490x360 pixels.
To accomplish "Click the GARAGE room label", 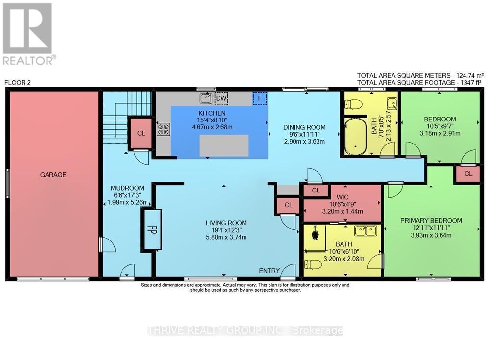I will [x=53, y=174].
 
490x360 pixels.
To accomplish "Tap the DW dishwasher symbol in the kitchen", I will [x=221, y=98].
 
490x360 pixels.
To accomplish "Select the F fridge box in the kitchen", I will [x=260, y=98].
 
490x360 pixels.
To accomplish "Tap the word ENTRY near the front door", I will [x=269, y=271].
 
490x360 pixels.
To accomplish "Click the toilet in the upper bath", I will [x=352, y=104].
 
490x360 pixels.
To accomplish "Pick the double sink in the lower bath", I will [x=365, y=230].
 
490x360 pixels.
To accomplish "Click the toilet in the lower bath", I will [x=314, y=265].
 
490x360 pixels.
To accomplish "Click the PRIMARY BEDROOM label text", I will [x=431, y=220].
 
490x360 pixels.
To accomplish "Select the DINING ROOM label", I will [x=304, y=127].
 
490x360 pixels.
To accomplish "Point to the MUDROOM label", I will [x=127, y=188].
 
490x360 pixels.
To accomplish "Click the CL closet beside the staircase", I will [x=141, y=133].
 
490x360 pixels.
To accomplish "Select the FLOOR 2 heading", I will [x=18, y=83].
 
